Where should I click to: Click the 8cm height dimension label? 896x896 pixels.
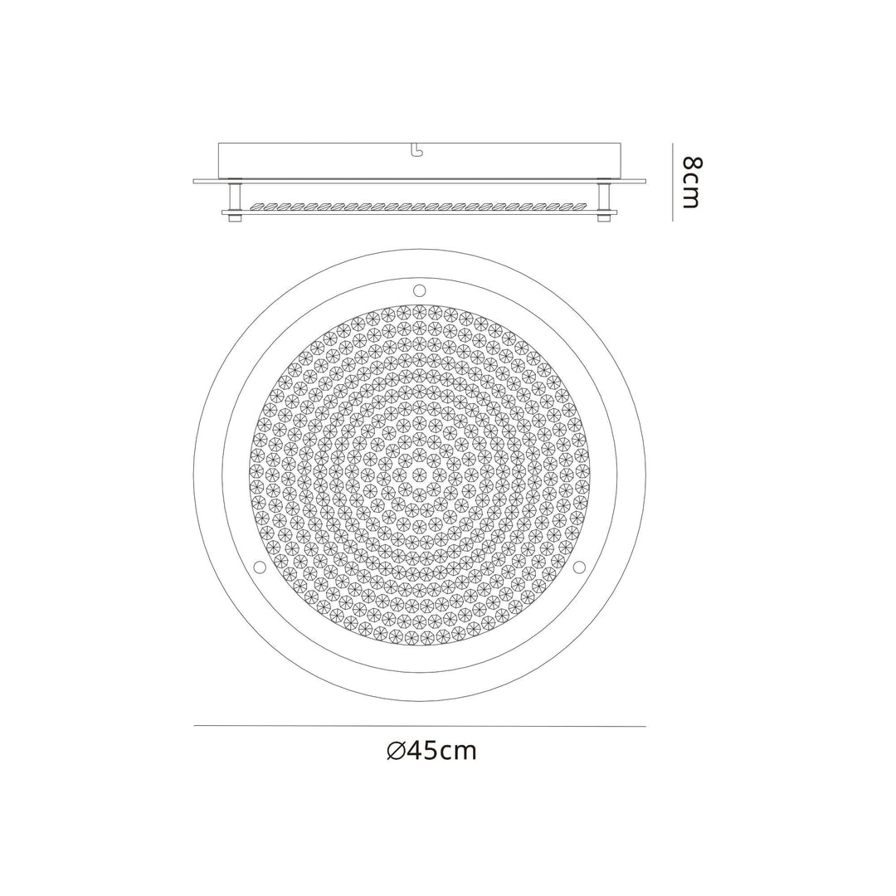690,182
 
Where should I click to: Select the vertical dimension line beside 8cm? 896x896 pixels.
672,182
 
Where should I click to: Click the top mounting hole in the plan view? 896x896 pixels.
419,290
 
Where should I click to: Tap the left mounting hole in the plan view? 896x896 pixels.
259,567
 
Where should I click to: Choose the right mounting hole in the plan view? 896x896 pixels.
579,567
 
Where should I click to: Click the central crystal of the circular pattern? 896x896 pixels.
419,475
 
